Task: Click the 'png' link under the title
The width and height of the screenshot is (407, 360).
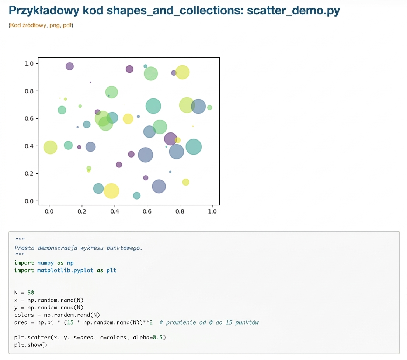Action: click(55, 25)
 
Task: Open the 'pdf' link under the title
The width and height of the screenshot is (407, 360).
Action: click(67, 25)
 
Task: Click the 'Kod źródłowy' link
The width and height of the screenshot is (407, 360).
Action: click(28, 25)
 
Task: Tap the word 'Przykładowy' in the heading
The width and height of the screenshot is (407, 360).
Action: click(44, 11)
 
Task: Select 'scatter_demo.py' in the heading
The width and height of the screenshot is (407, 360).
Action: click(293, 11)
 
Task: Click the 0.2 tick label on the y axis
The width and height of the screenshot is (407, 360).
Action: click(29, 173)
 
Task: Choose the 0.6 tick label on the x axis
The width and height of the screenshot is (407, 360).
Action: click(147, 211)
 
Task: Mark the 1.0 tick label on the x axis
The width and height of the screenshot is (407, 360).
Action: click(212, 211)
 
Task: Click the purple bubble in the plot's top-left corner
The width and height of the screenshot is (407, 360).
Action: click(70, 66)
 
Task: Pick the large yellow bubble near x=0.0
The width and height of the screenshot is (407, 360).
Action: click(50, 147)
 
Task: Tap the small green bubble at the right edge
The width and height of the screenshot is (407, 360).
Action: click(209, 108)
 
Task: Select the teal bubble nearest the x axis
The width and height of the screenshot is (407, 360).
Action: click(137, 195)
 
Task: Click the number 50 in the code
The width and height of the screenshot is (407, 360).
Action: click(31, 293)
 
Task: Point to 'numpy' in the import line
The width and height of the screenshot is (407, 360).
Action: click(45, 263)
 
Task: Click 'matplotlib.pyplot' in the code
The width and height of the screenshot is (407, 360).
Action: click(65, 270)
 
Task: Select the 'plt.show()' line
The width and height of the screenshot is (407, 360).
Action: click(31, 345)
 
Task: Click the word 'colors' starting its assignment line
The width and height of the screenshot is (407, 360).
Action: click(24, 315)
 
